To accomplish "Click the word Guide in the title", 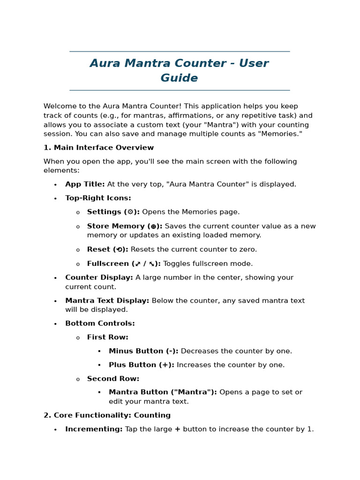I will pyautogui.click(x=179, y=78).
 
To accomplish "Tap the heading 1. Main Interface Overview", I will pyautogui.click(x=98, y=148).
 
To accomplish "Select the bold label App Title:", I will pyautogui.click(x=85, y=184).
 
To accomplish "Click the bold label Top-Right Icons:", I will pyautogui.click(x=98, y=198).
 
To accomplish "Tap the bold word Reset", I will pyautogui.click(x=99, y=249).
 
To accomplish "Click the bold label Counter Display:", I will pyautogui.click(x=99, y=277).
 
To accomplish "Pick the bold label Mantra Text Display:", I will pyautogui.click(x=107, y=300).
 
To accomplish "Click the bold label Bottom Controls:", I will pyautogui.click(x=100, y=323).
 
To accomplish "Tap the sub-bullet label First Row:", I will pyautogui.click(x=107, y=337).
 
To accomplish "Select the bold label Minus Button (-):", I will pyautogui.click(x=143, y=351).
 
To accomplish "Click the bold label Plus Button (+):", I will pyautogui.click(x=141, y=365).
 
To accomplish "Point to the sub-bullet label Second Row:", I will pyautogui.click(x=113, y=379).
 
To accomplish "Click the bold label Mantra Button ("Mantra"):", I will pyautogui.click(x=163, y=392).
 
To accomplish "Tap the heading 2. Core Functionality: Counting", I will pyautogui.click(x=107, y=415).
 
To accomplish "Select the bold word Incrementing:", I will pyautogui.click(x=94, y=429).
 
